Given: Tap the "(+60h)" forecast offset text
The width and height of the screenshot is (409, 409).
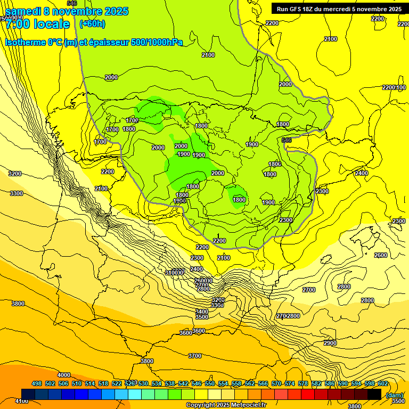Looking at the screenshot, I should (x=92, y=24).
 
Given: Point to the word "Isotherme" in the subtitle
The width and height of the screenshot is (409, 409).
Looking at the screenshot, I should (x=25, y=42).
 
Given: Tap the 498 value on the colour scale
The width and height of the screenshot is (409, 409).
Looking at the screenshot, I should (x=37, y=384).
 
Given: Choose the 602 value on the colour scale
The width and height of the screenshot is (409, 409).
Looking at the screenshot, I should (x=383, y=384).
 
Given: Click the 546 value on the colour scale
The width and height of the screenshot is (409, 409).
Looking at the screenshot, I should (x=197, y=384).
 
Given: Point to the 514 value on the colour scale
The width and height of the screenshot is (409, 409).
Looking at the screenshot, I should (x=90, y=384).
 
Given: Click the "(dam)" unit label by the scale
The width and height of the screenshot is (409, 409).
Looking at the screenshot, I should (x=395, y=395).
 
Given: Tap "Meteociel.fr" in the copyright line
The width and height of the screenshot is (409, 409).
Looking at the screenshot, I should (x=246, y=405).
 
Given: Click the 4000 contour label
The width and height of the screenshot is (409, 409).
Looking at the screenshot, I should (x=64, y=375).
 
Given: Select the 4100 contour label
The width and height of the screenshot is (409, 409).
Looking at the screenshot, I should (x=22, y=400).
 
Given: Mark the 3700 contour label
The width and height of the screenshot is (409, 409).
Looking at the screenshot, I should (x=195, y=356).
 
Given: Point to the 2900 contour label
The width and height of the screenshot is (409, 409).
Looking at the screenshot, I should (x=330, y=343).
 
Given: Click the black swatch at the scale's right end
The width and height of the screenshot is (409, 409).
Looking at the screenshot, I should (x=374, y=394).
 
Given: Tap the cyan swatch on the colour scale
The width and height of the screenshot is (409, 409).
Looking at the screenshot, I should (x=135, y=394).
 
